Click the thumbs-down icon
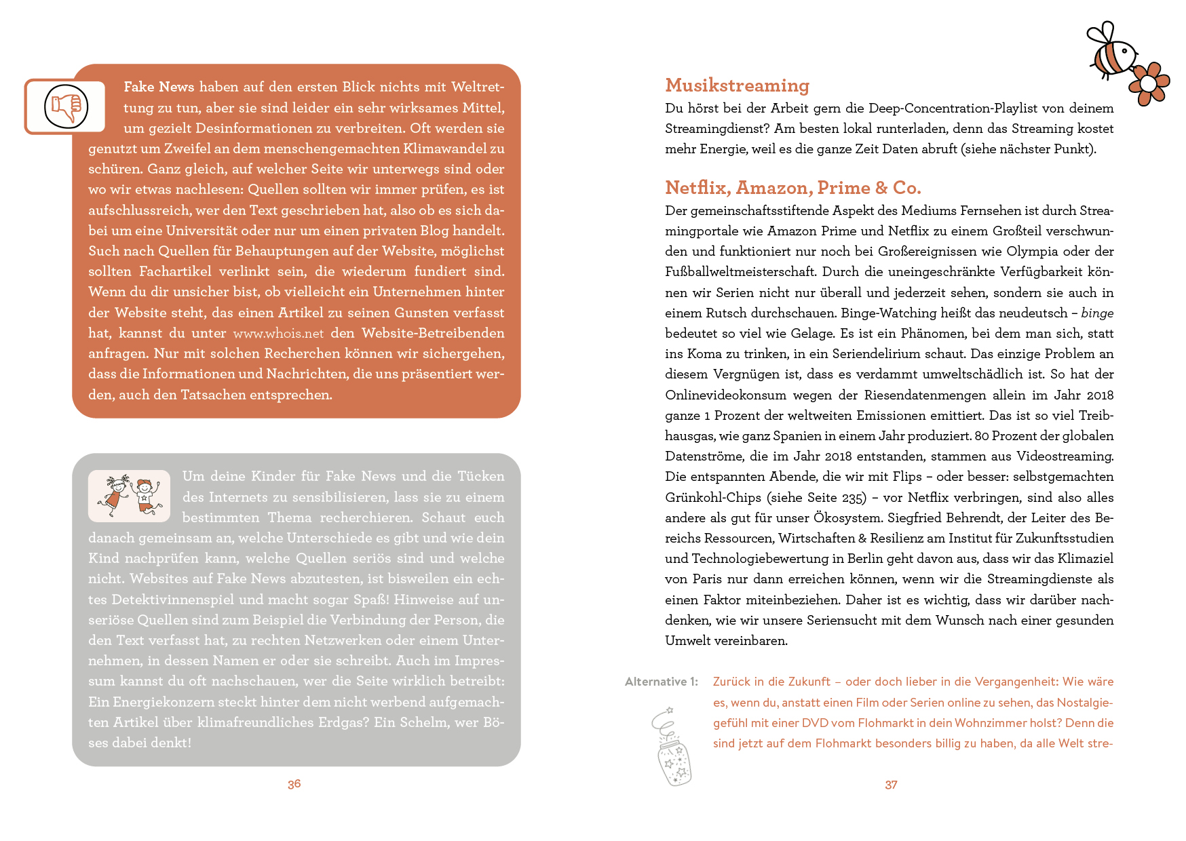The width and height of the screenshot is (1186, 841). pyautogui.click(x=66, y=106)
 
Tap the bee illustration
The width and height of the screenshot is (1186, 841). pyautogui.click(x=1112, y=52)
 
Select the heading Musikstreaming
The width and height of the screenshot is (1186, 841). pyautogui.click(x=737, y=85)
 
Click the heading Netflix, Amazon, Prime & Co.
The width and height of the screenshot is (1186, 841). pyautogui.click(x=792, y=188)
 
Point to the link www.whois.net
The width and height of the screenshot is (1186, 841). pyautogui.click(x=278, y=334)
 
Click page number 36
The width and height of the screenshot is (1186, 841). pyautogui.click(x=294, y=784)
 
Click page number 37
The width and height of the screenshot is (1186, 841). pyautogui.click(x=891, y=785)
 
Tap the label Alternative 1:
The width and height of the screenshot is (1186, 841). pyautogui.click(x=661, y=682)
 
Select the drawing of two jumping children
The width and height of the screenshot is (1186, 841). pyautogui.click(x=129, y=496)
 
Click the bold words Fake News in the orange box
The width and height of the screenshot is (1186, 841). pyautogui.click(x=159, y=87)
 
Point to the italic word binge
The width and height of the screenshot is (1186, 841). pyautogui.click(x=1096, y=313)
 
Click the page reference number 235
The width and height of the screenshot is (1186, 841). pyautogui.click(x=853, y=498)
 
